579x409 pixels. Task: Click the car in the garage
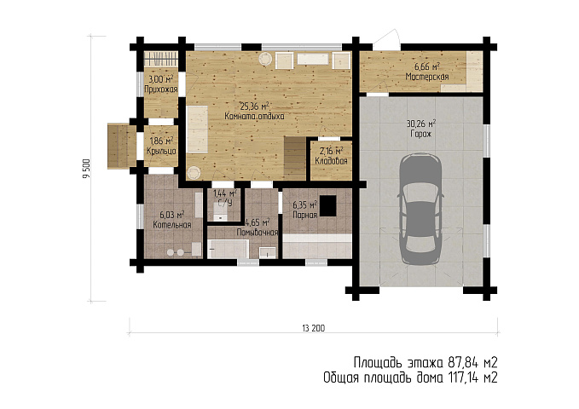[420, 209]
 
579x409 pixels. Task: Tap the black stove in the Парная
[328, 205]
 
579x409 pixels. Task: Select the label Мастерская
[427, 77]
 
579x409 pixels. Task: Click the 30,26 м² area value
[421, 124]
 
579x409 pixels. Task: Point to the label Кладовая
[331, 161]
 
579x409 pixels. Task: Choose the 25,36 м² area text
[254, 107]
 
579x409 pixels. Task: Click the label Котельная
[172, 225]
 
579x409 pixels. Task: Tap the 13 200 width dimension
[314, 328]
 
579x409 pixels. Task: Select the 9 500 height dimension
[86, 169]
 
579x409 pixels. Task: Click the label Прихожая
[161, 89]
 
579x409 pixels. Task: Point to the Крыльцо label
[161, 151]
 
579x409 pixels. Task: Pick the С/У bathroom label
[225, 203]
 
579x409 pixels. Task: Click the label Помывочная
[257, 232]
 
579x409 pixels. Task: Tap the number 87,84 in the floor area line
[460, 362]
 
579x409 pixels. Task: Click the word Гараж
[421, 134]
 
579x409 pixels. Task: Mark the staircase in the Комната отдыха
[295, 158]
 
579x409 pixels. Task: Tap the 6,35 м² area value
[305, 205]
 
